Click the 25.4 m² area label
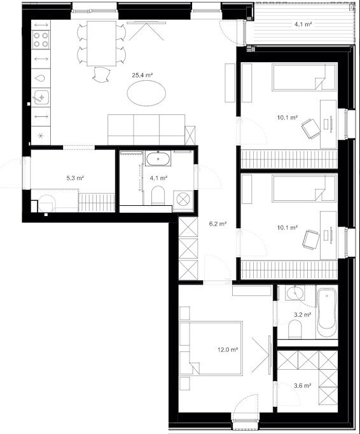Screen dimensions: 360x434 (142, 75)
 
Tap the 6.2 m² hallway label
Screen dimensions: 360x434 (218, 224)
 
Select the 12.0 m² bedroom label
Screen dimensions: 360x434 (228, 349)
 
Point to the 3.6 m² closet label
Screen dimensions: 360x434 (302, 385)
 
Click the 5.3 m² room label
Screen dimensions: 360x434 (75, 178)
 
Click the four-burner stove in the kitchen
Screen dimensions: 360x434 (41, 39)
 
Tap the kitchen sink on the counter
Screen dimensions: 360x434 (41, 97)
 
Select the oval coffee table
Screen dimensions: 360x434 (146, 93)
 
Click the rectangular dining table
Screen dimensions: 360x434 (101, 43)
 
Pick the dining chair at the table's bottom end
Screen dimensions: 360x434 (101, 74)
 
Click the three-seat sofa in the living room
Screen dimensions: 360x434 (146, 130)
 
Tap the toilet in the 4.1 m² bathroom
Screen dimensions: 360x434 (158, 195)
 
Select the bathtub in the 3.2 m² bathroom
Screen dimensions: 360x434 (327, 312)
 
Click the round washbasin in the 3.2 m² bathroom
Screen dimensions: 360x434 (295, 293)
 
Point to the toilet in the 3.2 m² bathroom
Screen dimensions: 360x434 (295, 329)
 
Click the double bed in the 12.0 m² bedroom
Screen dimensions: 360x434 (211, 348)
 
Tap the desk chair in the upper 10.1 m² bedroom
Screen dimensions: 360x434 (310, 128)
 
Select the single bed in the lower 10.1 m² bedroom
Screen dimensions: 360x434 (304, 188)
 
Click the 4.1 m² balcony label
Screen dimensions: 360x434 (303, 24)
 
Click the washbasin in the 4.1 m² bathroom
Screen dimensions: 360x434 (158, 159)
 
